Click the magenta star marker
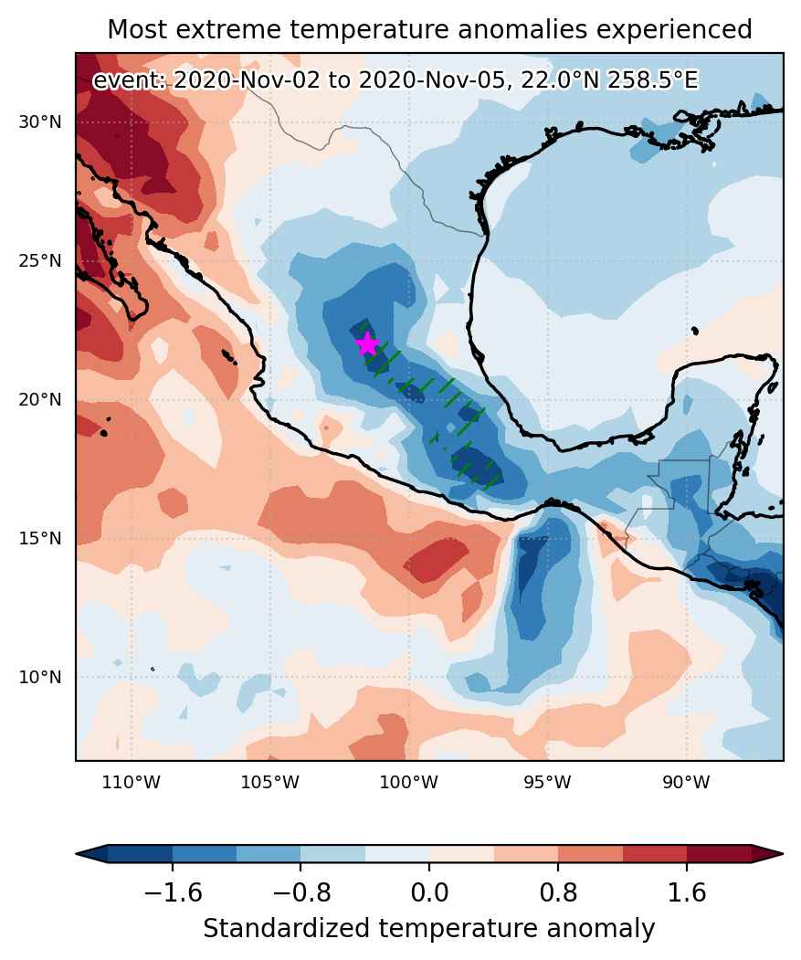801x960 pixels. pos(367,344)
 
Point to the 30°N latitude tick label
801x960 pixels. pos(40,121)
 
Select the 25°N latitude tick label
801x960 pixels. pos(40,261)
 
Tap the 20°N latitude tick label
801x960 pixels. pos(40,400)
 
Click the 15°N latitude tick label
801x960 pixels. pos(40,538)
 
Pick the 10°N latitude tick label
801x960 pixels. pos(40,677)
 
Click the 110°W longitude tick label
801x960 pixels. pos(131,782)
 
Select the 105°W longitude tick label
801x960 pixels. pos(270,782)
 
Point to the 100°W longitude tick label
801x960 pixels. pos(409,782)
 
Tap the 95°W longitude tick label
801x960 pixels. pos(547,782)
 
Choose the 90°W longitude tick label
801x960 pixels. pos(687,782)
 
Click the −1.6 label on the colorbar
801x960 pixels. pos(173,892)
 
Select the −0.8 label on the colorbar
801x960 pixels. pos(300,892)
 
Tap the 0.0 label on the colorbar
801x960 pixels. pos(429,892)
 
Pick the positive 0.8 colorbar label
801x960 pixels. pos(558,892)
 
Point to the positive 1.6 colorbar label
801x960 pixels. pos(687,892)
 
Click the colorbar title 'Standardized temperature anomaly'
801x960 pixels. pos(428,929)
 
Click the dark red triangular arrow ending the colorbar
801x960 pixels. pos(767,853)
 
